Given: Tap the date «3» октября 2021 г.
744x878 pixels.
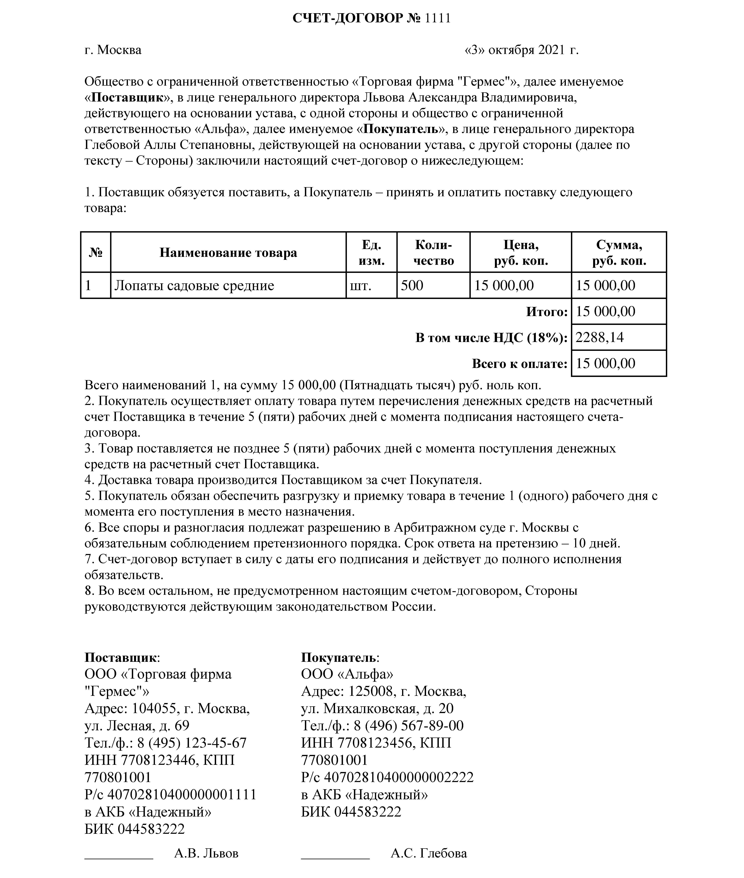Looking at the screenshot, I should pos(521,50).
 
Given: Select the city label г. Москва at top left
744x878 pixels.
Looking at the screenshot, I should pos(113,50).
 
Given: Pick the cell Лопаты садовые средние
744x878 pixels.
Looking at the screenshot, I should pos(194,285).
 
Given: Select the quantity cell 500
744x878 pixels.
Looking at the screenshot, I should pos(412,285).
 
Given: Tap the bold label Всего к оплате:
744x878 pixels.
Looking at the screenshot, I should pos(520,364).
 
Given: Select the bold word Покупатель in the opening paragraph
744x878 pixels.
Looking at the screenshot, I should pos(401,129).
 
